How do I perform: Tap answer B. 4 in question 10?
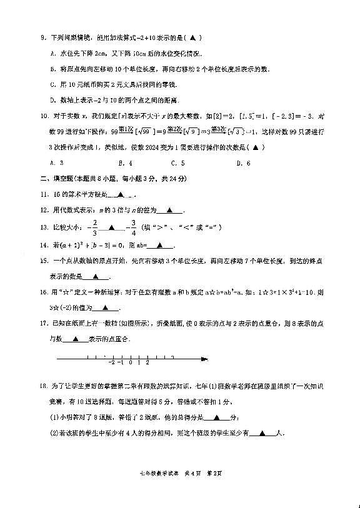pos(129,163)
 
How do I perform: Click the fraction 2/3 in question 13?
pos(95,226)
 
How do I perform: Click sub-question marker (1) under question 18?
pos(54,418)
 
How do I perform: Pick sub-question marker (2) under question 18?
pos(54,432)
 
